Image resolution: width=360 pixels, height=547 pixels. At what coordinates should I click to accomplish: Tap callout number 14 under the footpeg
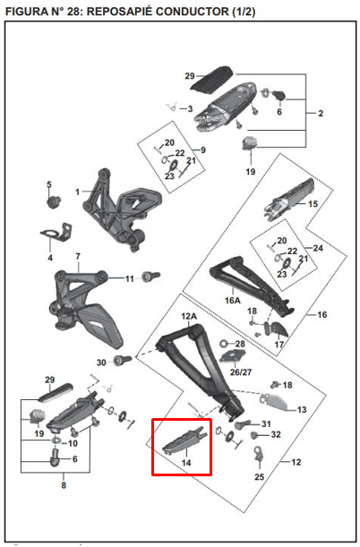pos(186,463)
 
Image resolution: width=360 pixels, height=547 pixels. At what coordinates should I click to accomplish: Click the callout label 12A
pos(189,316)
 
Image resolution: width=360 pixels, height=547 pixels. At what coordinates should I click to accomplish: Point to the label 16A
pos(232,300)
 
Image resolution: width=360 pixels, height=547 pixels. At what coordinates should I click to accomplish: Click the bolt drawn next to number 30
pos(123,359)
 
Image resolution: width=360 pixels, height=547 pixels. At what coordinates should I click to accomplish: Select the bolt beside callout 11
pos(151,277)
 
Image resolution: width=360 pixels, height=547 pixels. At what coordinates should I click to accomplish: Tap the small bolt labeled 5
pos(54,201)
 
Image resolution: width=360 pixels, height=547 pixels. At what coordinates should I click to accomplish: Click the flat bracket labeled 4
pos(56,233)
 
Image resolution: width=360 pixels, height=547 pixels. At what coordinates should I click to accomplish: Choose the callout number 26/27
pos(241,372)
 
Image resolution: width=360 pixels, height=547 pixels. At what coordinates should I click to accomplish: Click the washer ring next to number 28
pos(224,344)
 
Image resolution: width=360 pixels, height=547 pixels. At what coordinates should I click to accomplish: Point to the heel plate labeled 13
pos(275,402)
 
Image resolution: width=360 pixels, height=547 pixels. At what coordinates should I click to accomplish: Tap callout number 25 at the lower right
pos(259,476)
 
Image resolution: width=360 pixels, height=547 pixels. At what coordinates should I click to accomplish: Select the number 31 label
pos(266,423)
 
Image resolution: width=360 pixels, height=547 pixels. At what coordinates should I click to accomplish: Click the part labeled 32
pos(256,435)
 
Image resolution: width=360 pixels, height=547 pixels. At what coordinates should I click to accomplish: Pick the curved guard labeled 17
pos(279,329)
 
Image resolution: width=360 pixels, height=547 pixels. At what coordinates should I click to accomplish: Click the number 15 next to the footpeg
pos(313,204)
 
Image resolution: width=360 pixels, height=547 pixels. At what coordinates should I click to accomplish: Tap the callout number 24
pos(318,248)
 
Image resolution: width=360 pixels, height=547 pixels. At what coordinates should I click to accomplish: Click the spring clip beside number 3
pos(171,107)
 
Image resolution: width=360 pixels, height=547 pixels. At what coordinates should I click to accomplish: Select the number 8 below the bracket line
pos(64,485)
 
